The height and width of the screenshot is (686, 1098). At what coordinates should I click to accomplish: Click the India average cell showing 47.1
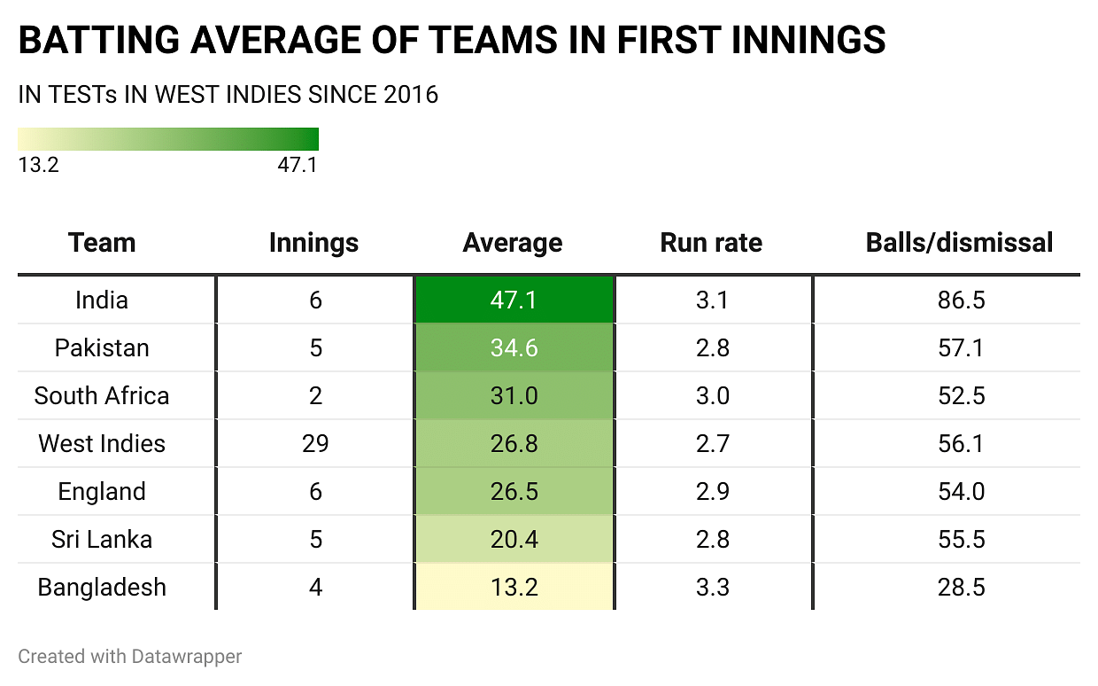pos(514,300)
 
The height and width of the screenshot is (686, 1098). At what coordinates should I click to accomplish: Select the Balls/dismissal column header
pos(960,243)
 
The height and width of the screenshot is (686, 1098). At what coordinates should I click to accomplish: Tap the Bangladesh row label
pos(102,587)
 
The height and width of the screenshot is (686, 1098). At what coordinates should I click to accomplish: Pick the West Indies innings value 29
pos(314,443)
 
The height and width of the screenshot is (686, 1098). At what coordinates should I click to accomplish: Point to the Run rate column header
pos(711,243)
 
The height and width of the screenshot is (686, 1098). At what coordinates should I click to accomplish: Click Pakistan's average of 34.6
pos(514,347)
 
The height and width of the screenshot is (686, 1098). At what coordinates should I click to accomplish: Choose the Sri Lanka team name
pos(102,539)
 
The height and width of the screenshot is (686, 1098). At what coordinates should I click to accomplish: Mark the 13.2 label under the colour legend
pos(39,165)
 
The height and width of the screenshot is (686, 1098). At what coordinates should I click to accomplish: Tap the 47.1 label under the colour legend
pos(298,165)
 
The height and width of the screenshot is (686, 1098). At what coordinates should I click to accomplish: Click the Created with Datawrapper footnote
pos(130,657)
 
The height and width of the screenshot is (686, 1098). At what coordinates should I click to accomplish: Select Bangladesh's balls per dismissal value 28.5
pos(961,587)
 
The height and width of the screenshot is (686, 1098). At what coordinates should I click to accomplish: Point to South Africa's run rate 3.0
pos(712,395)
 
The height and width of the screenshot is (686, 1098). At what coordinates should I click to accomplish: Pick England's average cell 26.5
pos(514,491)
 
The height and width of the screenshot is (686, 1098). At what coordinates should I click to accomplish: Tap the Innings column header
pos(313,243)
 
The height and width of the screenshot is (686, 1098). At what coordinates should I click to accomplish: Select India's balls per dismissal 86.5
pos(961,300)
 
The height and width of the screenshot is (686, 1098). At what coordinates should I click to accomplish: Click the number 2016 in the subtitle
pos(411,95)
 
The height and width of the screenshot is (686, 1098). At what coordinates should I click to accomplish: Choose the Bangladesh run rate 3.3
pos(712,587)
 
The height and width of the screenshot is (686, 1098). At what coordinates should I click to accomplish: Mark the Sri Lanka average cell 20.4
pos(514,539)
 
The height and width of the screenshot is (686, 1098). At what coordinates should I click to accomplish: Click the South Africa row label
pos(102,395)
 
